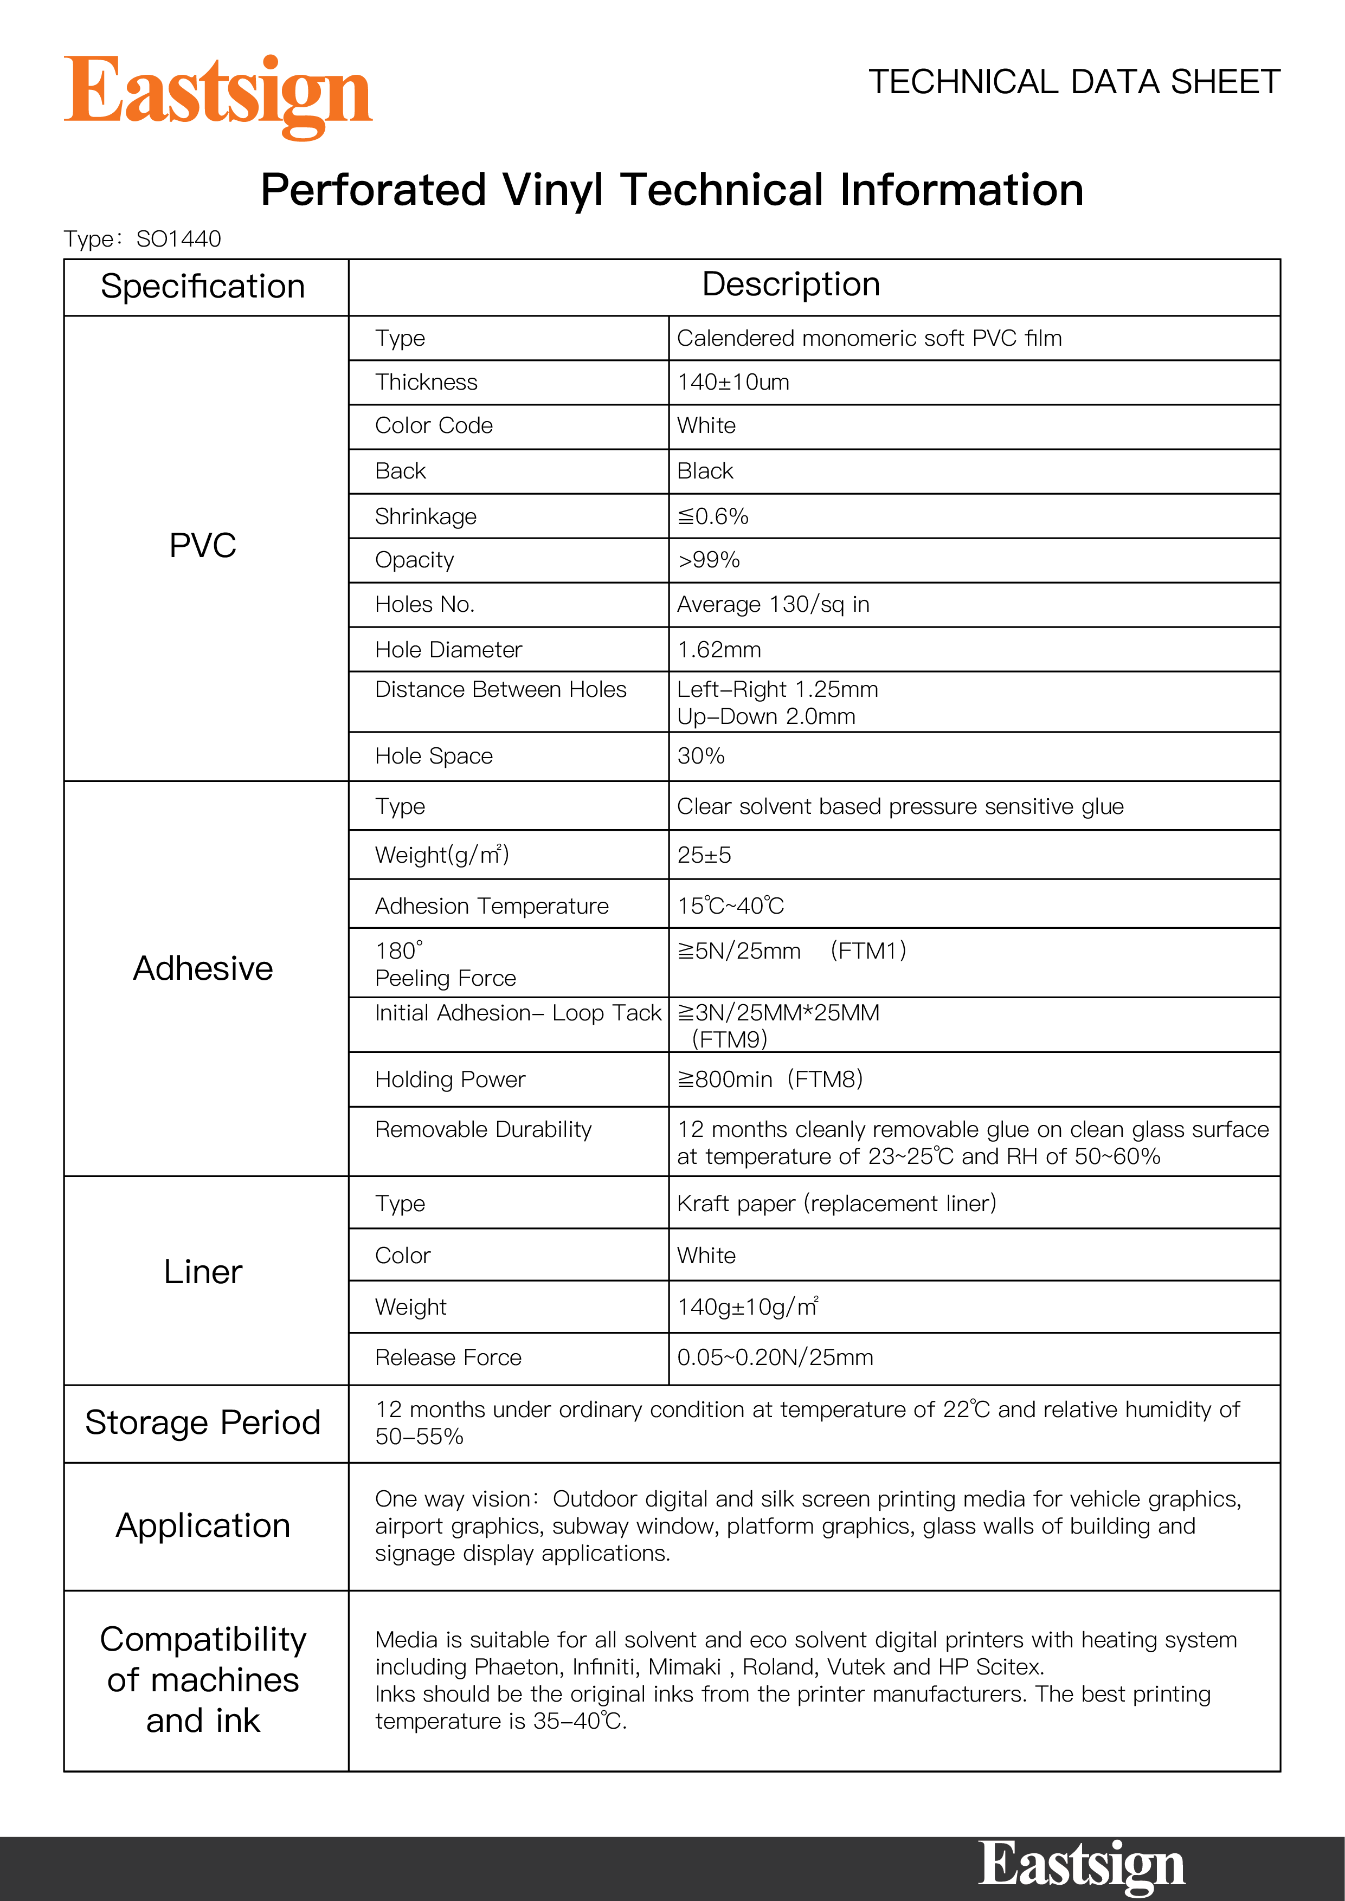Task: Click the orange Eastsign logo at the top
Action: tap(218, 94)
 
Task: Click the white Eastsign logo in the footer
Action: tap(1081, 1865)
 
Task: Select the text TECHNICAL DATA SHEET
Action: tap(1074, 82)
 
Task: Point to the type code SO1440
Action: tap(179, 240)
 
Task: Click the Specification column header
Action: tap(203, 287)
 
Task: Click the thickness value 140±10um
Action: tap(733, 383)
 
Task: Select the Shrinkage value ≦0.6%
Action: tap(713, 516)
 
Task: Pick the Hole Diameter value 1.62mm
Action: tap(719, 650)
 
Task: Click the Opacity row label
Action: tap(414, 560)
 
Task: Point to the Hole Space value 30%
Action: tap(700, 756)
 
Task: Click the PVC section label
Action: tap(203, 546)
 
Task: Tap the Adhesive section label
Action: tap(203, 969)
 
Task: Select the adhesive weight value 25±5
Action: tap(704, 855)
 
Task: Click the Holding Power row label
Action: tap(450, 1079)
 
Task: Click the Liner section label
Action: tap(203, 1272)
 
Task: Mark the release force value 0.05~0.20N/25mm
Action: tap(775, 1358)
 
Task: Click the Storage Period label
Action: tap(203, 1422)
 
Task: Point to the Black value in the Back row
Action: tap(705, 471)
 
